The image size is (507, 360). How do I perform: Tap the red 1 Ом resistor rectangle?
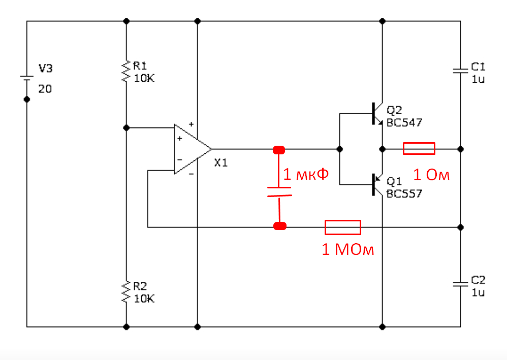419,148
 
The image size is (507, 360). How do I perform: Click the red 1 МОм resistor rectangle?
343,227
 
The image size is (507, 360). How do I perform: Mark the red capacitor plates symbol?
279,192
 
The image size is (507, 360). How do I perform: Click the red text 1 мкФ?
306,175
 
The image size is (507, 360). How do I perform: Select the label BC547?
404,122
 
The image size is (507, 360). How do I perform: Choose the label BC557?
404,193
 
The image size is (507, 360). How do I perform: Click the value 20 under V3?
45,89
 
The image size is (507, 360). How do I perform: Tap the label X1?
221,163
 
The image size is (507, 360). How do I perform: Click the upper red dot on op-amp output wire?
279,150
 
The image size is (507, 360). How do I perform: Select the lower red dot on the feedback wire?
279,226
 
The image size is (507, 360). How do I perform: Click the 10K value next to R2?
144,299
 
